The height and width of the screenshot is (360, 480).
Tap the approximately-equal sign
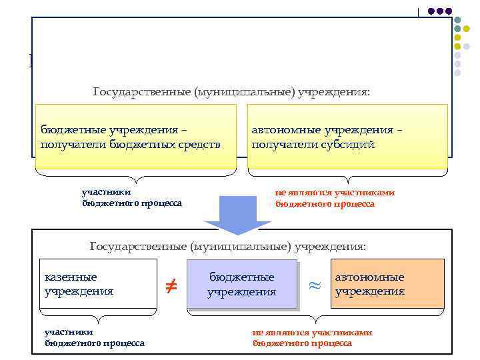tap(314, 285)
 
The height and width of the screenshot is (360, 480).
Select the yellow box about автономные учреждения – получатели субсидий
tap(347, 137)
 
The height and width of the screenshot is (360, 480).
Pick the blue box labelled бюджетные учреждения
tap(242, 284)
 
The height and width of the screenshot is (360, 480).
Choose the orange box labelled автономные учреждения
tap(387, 283)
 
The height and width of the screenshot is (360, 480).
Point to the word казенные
tap(70, 277)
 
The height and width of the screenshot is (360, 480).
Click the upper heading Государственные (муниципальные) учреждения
tap(231, 91)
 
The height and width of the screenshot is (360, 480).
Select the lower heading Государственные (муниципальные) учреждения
tap(228, 247)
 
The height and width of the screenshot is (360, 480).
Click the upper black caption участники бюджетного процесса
tap(131, 198)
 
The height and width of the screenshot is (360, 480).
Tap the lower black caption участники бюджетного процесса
tap(94, 337)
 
